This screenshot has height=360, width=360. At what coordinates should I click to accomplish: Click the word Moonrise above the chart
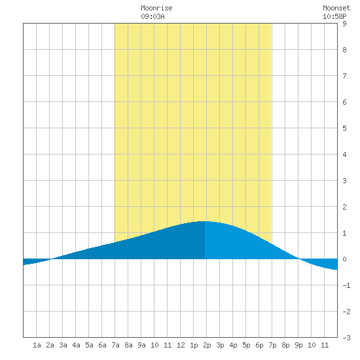156,8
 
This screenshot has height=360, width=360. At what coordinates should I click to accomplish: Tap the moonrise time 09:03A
153,16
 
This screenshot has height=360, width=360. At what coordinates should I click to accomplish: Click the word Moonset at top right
336,8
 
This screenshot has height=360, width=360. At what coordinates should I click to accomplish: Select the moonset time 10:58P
334,16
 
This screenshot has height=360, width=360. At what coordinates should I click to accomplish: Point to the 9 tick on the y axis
344,24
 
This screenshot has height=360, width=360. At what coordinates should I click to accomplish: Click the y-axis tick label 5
344,128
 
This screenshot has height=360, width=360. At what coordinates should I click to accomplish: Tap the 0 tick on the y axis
344,259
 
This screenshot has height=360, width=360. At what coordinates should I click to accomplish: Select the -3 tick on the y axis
346,338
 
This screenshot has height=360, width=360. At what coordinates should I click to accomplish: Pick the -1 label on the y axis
346,285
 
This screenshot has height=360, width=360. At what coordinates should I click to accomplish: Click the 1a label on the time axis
37,345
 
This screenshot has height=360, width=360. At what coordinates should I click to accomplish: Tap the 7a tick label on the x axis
115,345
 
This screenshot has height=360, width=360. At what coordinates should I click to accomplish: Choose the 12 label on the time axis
181,345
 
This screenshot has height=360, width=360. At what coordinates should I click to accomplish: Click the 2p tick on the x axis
207,345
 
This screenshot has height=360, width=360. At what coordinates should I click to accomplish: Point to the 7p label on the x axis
272,345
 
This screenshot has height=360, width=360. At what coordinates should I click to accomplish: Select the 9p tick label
298,345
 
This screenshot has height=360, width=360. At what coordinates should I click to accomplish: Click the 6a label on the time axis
102,345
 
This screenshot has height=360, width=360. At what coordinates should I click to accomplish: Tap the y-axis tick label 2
344,207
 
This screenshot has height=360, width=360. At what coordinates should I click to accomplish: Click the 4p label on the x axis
233,345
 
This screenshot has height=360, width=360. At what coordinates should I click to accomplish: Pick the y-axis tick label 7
344,76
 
